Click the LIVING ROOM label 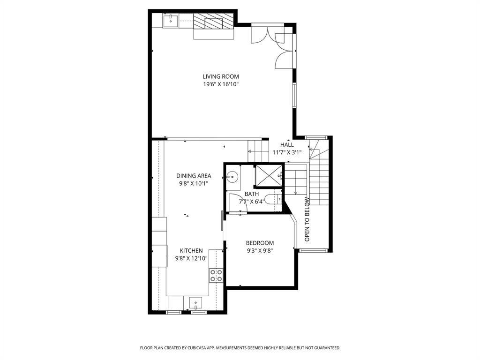tap(221, 76)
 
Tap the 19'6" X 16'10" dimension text tap(221, 84)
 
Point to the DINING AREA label tap(194, 176)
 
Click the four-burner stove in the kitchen tap(216, 276)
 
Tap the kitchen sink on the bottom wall tap(196, 303)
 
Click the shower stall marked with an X tap(268, 175)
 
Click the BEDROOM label tap(260, 243)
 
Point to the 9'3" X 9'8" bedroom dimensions tap(260, 250)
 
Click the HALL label tap(287, 145)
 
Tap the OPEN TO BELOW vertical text tap(307, 219)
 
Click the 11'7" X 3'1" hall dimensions tap(287, 152)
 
